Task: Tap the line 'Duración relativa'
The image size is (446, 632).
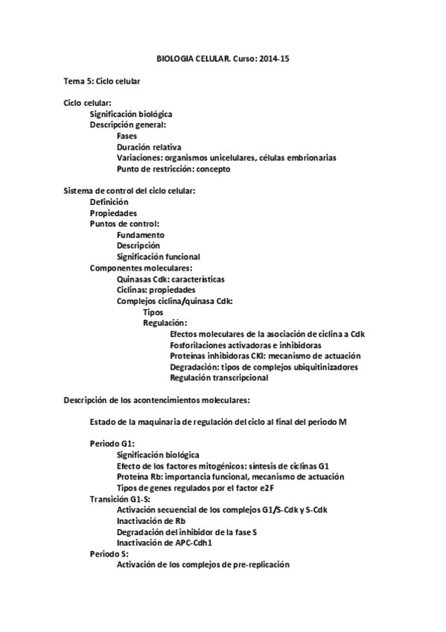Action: [x=149, y=147]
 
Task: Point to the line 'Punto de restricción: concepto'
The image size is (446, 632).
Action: [x=173, y=169]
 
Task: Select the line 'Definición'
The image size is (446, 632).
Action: [x=109, y=202]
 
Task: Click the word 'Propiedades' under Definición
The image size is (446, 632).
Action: [x=113, y=213]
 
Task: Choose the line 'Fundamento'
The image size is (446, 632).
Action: [x=141, y=235]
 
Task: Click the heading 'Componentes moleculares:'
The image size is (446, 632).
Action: [x=141, y=268]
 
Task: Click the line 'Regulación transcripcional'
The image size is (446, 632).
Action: [x=219, y=378]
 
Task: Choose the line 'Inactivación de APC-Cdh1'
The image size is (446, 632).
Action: [x=164, y=543]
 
